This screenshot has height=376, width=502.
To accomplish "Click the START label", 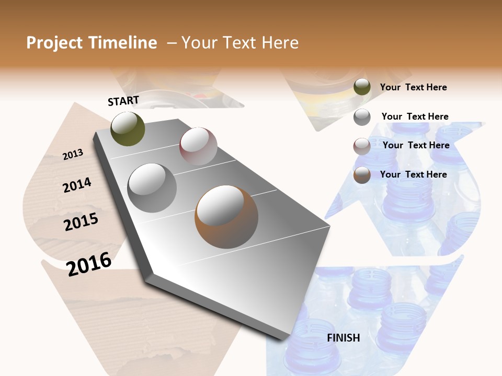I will click(123, 100).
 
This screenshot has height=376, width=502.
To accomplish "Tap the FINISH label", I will click(343, 338).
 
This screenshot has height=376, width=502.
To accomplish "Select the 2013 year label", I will click(73, 154).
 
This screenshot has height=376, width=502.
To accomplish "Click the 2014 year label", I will click(77, 185).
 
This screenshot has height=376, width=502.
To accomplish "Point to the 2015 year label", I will click(81, 222).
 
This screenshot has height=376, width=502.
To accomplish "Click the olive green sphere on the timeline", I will click(128, 128).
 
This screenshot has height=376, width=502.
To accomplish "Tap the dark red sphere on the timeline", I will click(198, 146).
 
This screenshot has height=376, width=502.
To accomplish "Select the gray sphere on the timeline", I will click(152, 187).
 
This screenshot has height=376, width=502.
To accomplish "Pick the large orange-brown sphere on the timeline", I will click(226, 217).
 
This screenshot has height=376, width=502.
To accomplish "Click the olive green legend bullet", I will click(362, 87).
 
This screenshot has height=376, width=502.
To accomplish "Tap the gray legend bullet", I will click(362, 117).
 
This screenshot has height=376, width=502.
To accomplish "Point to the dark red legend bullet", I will click(362, 146).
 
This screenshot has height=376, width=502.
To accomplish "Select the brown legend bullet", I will click(362, 175).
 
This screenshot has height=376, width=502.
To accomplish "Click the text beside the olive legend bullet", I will click(413, 88).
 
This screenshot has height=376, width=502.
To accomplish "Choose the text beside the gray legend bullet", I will click(415, 116).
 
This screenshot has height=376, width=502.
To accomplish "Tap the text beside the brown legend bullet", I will click(413, 174).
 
